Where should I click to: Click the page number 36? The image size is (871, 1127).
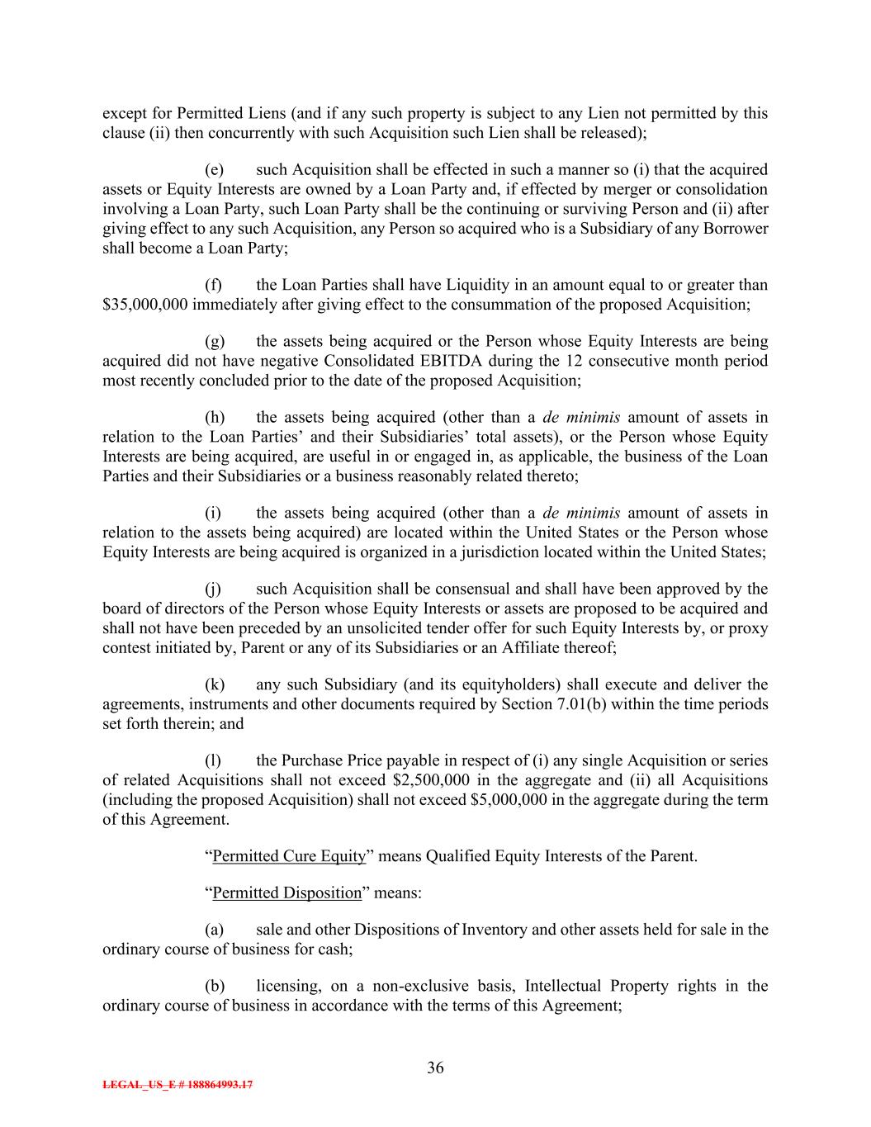click(435, 1068)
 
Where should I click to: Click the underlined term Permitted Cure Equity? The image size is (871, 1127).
click(289, 856)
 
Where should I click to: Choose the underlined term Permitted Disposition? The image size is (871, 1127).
click(287, 893)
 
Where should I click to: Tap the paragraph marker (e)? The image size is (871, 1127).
click(214, 169)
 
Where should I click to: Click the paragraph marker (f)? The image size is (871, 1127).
click(213, 285)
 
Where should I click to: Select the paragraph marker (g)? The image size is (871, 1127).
click(214, 341)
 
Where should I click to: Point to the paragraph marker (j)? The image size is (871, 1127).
click(213, 589)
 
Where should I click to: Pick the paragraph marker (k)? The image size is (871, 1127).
click(214, 684)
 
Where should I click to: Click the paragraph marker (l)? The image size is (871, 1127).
click(213, 760)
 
